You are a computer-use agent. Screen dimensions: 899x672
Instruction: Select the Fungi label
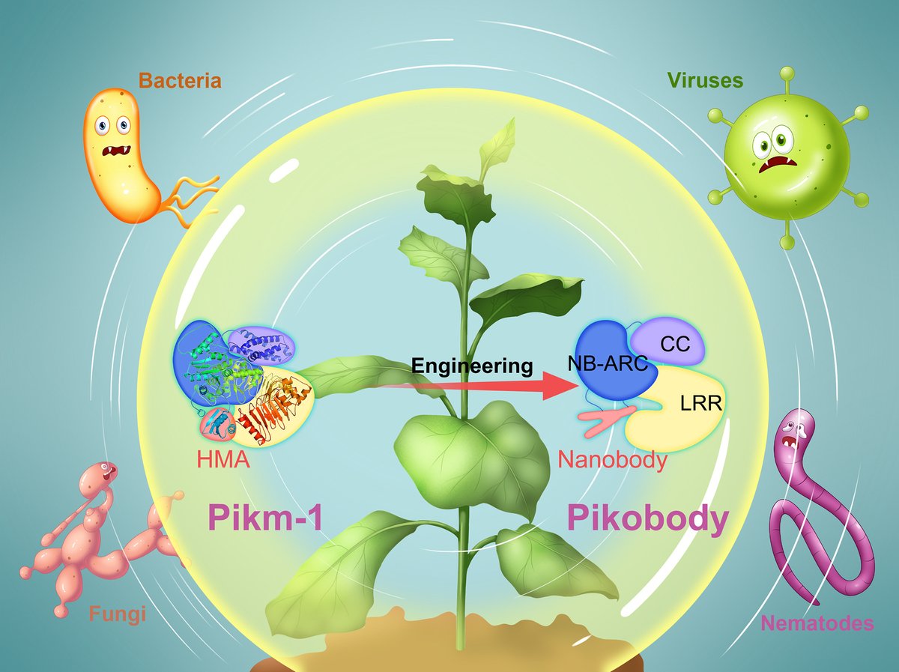[x=117, y=615]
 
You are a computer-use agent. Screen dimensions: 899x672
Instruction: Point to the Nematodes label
[x=817, y=623]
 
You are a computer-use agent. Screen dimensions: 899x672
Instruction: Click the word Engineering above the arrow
[x=472, y=366]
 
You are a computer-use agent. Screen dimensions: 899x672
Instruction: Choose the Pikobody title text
[x=647, y=518]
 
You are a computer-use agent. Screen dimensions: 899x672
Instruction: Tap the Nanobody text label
[x=612, y=458]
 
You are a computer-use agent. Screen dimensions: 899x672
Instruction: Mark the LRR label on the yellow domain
[x=700, y=405]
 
